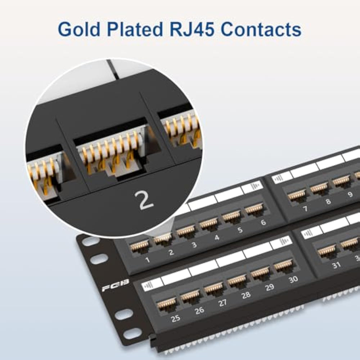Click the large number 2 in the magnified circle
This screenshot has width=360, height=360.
146,201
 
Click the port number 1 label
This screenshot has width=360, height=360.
148,259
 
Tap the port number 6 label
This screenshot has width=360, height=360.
263,222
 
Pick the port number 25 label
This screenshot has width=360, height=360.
175,318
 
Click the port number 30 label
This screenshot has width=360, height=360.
293,279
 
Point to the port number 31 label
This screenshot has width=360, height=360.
336,265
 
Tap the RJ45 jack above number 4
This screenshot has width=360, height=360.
208,224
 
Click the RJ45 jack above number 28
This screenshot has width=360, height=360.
237,280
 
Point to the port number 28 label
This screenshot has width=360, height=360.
246,295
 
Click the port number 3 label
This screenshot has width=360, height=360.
194,245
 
